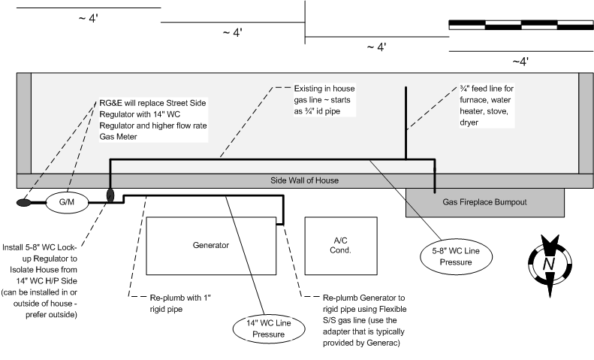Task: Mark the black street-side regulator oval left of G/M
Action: tap(24, 202)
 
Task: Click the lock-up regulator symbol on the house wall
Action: tap(110, 195)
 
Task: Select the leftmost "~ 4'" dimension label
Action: tap(87, 19)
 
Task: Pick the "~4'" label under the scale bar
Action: tap(520, 62)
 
